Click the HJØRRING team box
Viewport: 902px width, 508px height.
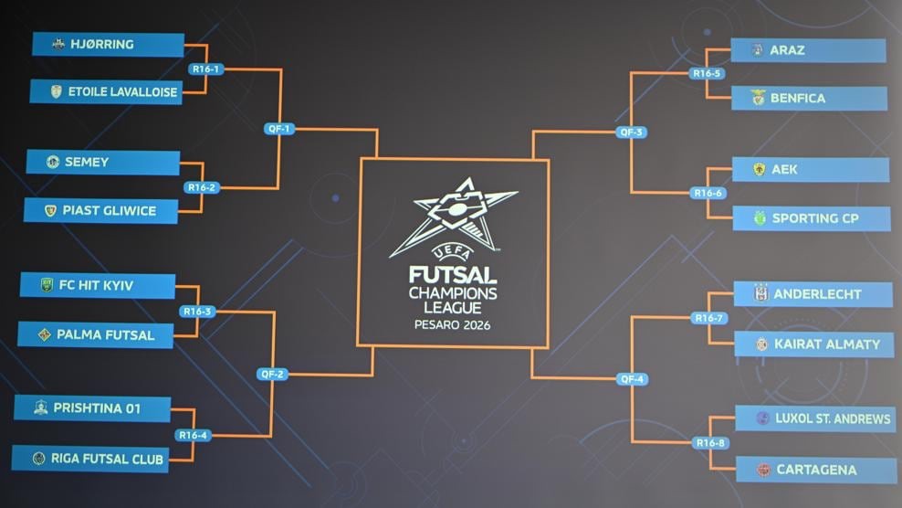[108, 45]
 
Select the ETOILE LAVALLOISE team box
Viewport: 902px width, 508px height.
[107, 92]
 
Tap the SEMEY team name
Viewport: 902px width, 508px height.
[87, 163]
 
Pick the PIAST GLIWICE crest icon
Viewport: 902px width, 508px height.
[50, 211]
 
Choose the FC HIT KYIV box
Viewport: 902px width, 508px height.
[98, 286]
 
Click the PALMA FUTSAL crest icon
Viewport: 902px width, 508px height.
[45, 334]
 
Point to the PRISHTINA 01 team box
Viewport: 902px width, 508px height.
[92, 408]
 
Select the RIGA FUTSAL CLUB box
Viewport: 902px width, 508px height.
[90, 459]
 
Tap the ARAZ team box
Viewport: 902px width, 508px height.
[808, 50]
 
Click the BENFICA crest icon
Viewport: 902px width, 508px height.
[758, 98]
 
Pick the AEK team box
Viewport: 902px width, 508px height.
[811, 169]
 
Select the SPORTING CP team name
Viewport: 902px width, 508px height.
[815, 218]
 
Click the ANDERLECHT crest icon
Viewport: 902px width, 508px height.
[761, 293]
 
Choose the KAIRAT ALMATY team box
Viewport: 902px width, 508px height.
[814, 344]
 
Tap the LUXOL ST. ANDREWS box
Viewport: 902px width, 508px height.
[815, 418]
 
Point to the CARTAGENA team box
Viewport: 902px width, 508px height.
[816, 470]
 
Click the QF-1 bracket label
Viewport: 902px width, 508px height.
[279, 129]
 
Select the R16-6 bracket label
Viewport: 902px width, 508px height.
[708, 193]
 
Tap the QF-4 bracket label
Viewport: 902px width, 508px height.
[632, 379]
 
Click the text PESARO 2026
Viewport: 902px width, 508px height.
[452, 325]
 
